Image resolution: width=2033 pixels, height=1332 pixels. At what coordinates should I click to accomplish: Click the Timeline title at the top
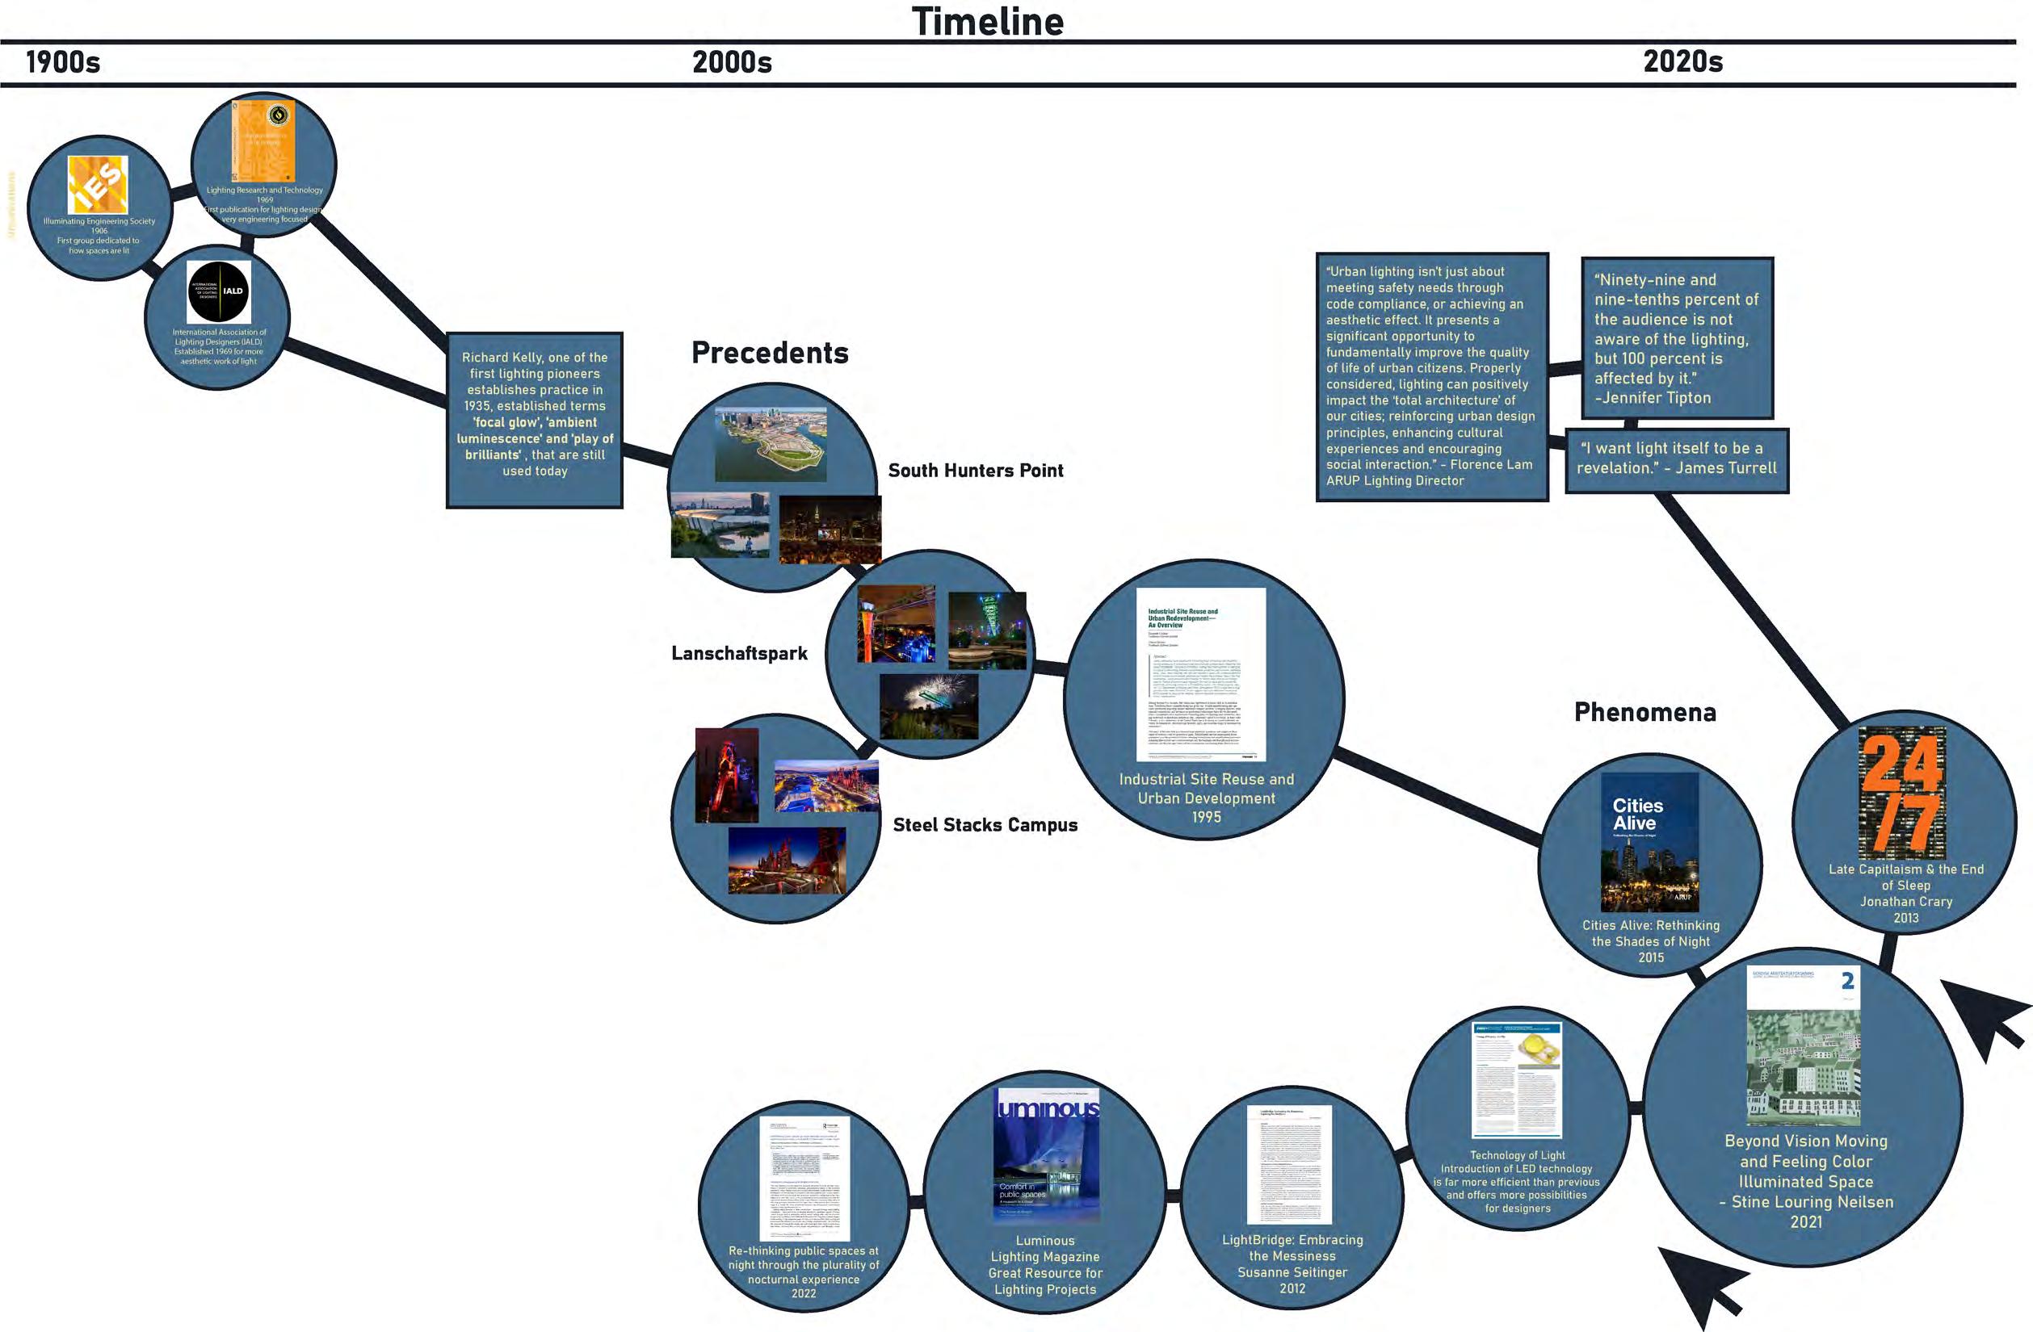click(x=988, y=21)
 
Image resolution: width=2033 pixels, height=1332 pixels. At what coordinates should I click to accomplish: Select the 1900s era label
click(x=63, y=62)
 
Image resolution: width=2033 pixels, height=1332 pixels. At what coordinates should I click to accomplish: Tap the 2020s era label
click(x=1682, y=61)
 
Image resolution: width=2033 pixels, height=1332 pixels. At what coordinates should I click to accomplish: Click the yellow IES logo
click(x=98, y=184)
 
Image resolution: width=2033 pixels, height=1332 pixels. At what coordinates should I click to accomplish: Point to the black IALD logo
click(x=219, y=292)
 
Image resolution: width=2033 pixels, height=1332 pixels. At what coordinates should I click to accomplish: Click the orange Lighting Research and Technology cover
click(x=263, y=141)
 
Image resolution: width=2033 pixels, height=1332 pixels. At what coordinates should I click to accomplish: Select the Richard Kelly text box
click(x=535, y=419)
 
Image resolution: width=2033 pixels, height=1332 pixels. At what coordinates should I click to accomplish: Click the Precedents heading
click(x=770, y=353)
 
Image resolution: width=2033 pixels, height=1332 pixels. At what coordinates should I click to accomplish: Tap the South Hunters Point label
click(x=976, y=471)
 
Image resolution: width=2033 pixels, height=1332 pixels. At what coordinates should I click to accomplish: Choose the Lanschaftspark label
click(x=739, y=653)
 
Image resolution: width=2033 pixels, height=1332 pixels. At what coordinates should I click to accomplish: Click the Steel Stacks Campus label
click(x=985, y=825)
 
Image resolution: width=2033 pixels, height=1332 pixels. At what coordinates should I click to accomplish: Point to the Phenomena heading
click(x=1644, y=712)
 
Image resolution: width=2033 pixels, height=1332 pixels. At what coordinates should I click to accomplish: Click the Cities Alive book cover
click(x=1649, y=842)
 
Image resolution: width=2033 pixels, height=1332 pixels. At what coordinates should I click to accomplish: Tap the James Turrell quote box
click(x=1676, y=459)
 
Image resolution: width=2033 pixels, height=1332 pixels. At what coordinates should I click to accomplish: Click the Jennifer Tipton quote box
click(x=1677, y=338)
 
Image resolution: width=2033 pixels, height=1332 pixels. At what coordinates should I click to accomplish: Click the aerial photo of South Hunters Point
click(x=771, y=444)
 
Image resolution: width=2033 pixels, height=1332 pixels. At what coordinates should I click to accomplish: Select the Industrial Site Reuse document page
click(x=1200, y=674)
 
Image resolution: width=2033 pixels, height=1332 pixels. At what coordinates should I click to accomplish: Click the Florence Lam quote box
click(x=1430, y=375)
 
